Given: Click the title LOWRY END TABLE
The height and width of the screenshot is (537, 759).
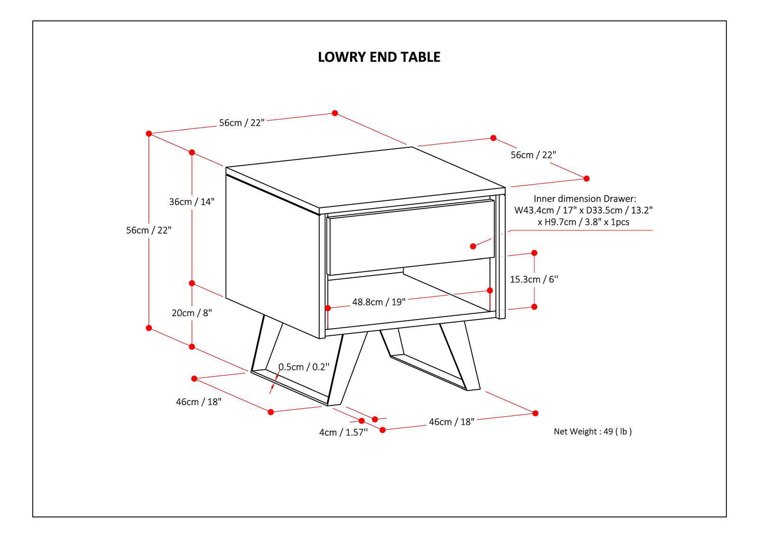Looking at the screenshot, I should pos(379,57).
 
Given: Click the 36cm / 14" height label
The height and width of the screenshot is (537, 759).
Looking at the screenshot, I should pos(192,201).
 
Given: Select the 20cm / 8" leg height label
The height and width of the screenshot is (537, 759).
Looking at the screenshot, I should pos(192,313).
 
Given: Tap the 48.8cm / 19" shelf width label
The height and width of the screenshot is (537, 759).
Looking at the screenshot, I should pos(379,302).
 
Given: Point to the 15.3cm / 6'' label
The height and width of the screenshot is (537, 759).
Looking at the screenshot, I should pos(534,279).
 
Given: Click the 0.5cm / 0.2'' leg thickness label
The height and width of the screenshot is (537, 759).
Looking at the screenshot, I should pos(304,367).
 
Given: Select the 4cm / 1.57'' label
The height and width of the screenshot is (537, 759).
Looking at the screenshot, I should pos(343,433).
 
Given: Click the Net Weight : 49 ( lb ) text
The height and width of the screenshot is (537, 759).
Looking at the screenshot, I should pos(592,432).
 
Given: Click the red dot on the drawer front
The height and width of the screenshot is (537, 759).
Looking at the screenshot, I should pos(473,246).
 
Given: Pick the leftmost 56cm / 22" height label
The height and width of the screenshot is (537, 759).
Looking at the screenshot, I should pos(148,230).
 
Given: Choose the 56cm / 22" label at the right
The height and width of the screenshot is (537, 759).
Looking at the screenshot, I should pos(533,155).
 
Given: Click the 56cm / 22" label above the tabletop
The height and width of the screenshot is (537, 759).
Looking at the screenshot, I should pos(241,122).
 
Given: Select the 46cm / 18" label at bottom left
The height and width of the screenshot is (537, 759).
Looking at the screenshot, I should pos(199,402).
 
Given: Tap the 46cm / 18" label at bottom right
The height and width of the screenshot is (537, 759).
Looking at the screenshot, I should pos(452,422).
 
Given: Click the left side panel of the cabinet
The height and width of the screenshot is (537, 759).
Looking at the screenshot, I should pos(271,256).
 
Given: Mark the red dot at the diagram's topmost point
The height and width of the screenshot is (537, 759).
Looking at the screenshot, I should pos(335,113).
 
